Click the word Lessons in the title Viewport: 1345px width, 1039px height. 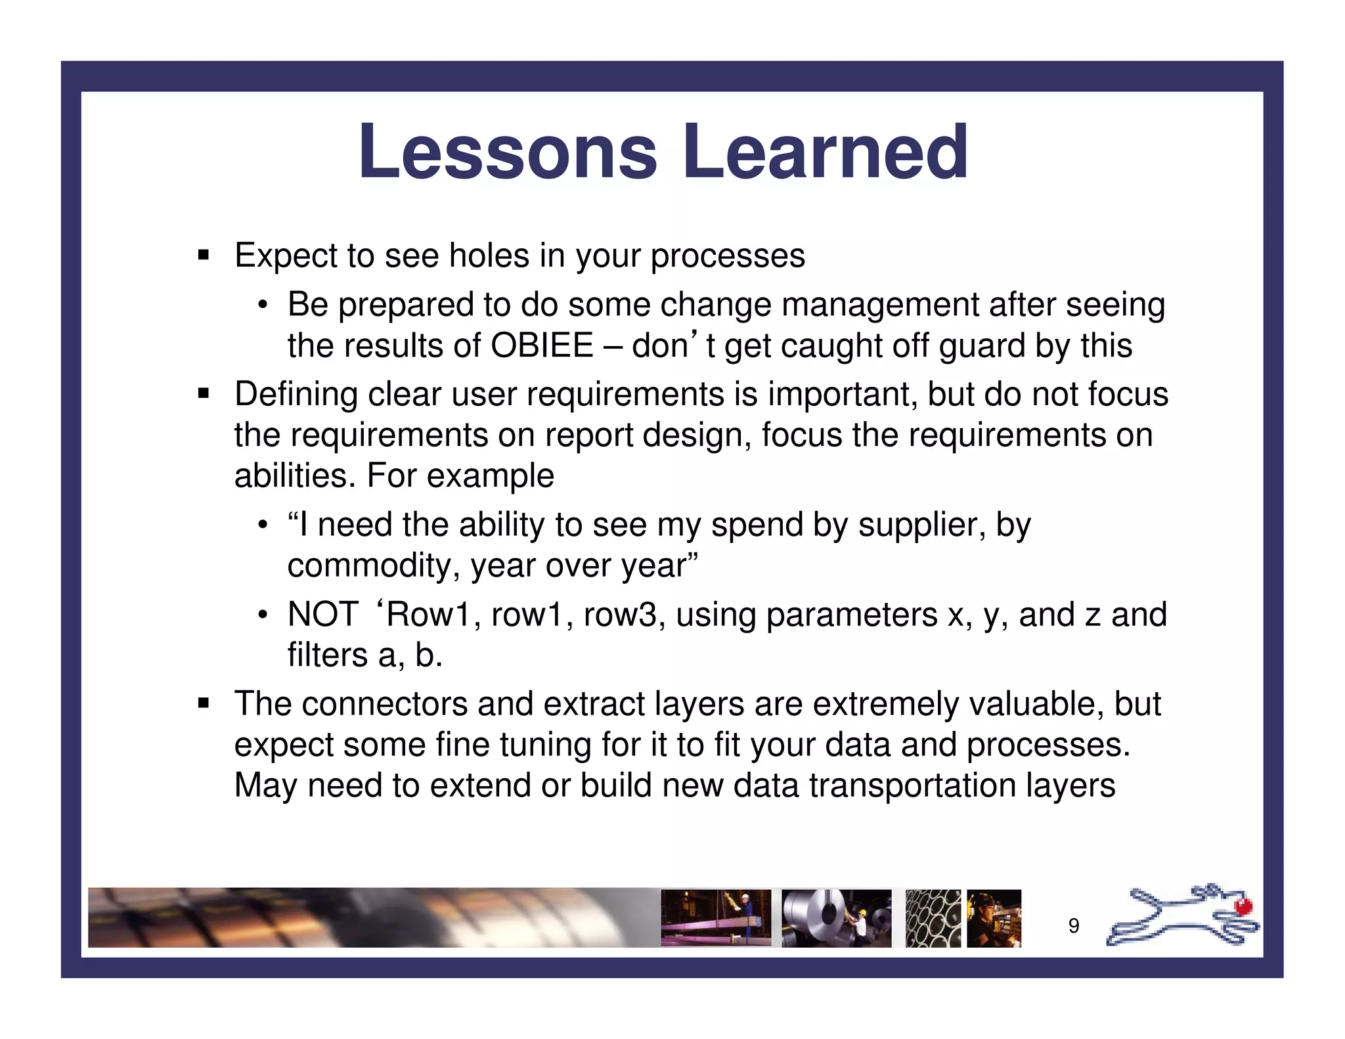point(507,152)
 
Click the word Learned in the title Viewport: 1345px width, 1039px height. point(826,152)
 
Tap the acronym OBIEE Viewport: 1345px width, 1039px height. point(542,345)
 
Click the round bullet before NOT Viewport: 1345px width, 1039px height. point(263,615)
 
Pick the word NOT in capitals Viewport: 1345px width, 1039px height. point(323,615)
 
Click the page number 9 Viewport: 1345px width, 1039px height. point(1074,925)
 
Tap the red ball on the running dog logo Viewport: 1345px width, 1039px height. point(1243,907)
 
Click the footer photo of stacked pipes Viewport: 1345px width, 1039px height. point(933,918)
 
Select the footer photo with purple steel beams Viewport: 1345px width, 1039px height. point(715,918)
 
